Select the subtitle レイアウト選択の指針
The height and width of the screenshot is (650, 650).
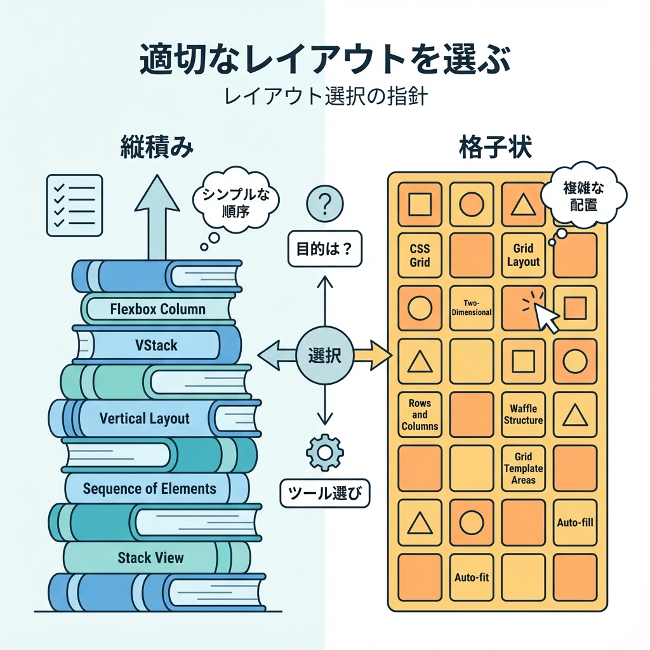[324, 99]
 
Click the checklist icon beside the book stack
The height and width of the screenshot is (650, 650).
[74, 205]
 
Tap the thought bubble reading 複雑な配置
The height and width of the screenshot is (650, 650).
[585, 196]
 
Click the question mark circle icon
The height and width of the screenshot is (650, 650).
[324, 204]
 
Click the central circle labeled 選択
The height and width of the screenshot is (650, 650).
[324, 355]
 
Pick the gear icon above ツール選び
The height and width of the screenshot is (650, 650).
[324, 452]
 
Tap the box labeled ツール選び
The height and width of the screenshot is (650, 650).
[324, 493]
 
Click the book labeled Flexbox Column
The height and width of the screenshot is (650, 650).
[157, 309]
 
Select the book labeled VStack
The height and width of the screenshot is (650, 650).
[157, 346]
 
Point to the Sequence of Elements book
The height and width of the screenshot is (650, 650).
[150, 489]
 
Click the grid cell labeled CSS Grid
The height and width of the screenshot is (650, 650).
[420, 255]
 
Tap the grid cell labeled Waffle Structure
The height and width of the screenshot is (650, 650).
[523, 415]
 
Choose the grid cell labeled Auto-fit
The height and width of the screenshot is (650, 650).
[471, 577]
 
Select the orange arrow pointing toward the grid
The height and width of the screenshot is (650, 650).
[372, 355]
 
